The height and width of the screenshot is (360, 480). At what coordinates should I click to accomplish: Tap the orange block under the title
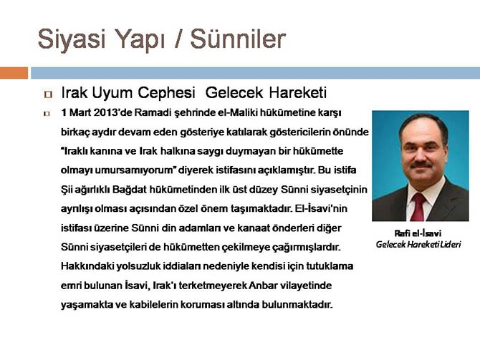14,73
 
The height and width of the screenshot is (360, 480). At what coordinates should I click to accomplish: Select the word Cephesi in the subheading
168,93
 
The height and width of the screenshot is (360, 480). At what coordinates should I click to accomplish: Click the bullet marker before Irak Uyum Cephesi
48,94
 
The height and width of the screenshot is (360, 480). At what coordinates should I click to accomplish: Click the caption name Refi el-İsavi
417,233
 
